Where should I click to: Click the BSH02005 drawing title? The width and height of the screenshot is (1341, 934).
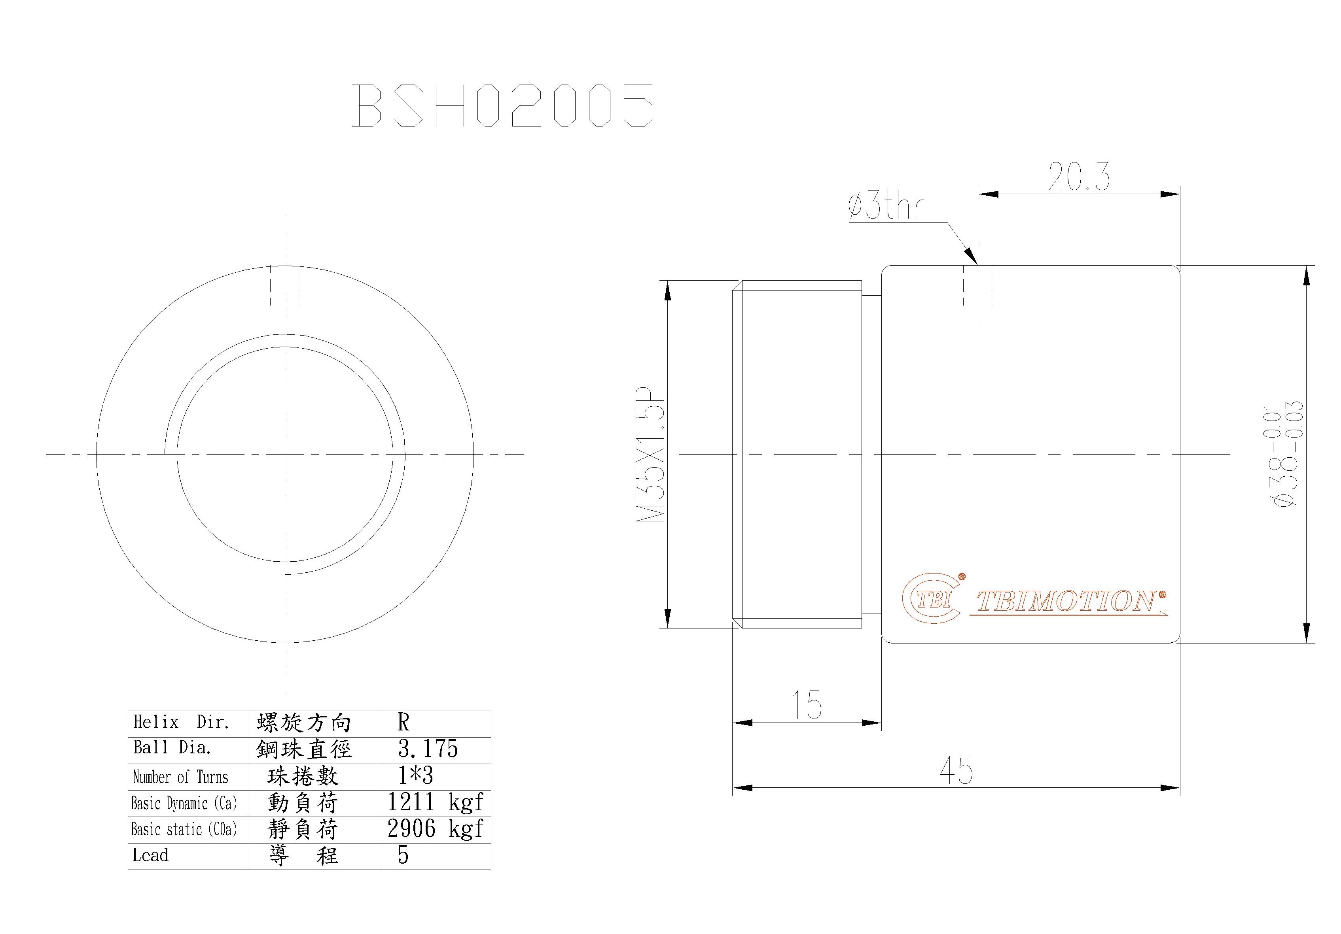503,106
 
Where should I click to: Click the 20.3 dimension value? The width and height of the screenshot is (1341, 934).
1078,177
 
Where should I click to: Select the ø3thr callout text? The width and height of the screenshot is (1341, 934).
885,207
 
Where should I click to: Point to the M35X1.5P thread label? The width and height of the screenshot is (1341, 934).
652,454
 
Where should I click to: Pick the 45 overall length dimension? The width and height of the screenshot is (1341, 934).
956,770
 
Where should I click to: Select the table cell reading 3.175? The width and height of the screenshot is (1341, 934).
428,749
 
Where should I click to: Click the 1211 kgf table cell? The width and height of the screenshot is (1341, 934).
435,803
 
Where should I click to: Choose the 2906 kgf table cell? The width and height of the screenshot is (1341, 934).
435,829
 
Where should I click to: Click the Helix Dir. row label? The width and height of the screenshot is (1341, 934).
181,723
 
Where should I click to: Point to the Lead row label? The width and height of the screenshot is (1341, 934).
151,855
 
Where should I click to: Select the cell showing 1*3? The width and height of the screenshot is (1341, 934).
415,776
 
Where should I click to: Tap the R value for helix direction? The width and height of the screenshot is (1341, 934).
403,723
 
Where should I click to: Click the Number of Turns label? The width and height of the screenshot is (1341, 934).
180,777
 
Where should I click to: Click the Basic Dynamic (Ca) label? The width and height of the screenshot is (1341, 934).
184,803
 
